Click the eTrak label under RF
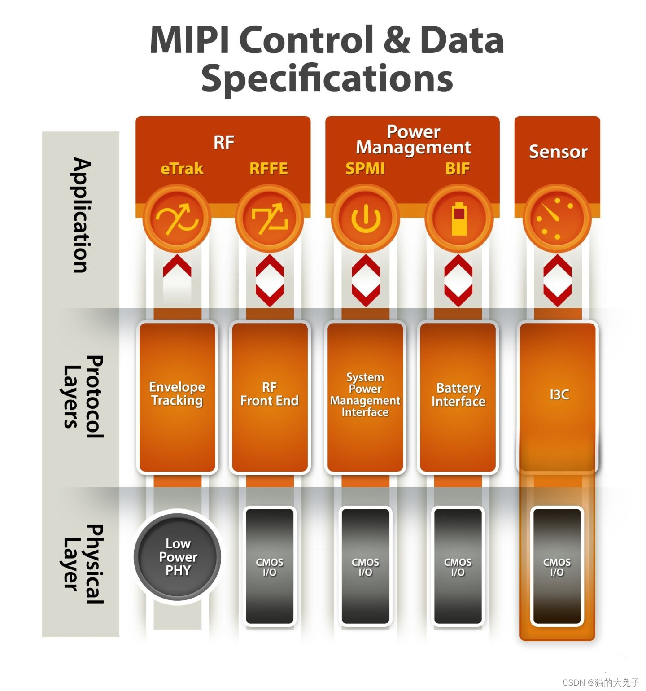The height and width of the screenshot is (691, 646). pos(182,169)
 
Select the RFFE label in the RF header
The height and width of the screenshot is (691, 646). pos(268,169)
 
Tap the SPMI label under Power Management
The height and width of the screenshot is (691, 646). pos(365,169)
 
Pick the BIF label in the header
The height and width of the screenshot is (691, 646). pos(457,169)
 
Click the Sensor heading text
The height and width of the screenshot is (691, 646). pos(558,152)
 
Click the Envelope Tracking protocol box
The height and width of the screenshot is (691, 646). pos(177,397)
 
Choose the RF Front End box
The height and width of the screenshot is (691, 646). pos(270,397)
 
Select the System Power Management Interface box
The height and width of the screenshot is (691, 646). pos(365,397)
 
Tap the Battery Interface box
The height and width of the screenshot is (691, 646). pos(458,397)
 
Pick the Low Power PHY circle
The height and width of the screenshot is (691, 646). pos(178,557)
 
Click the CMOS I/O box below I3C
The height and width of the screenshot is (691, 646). pos(557,566)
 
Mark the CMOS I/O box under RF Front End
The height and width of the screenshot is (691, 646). pos(269,566)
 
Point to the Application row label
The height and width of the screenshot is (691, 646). pos(81,215)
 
